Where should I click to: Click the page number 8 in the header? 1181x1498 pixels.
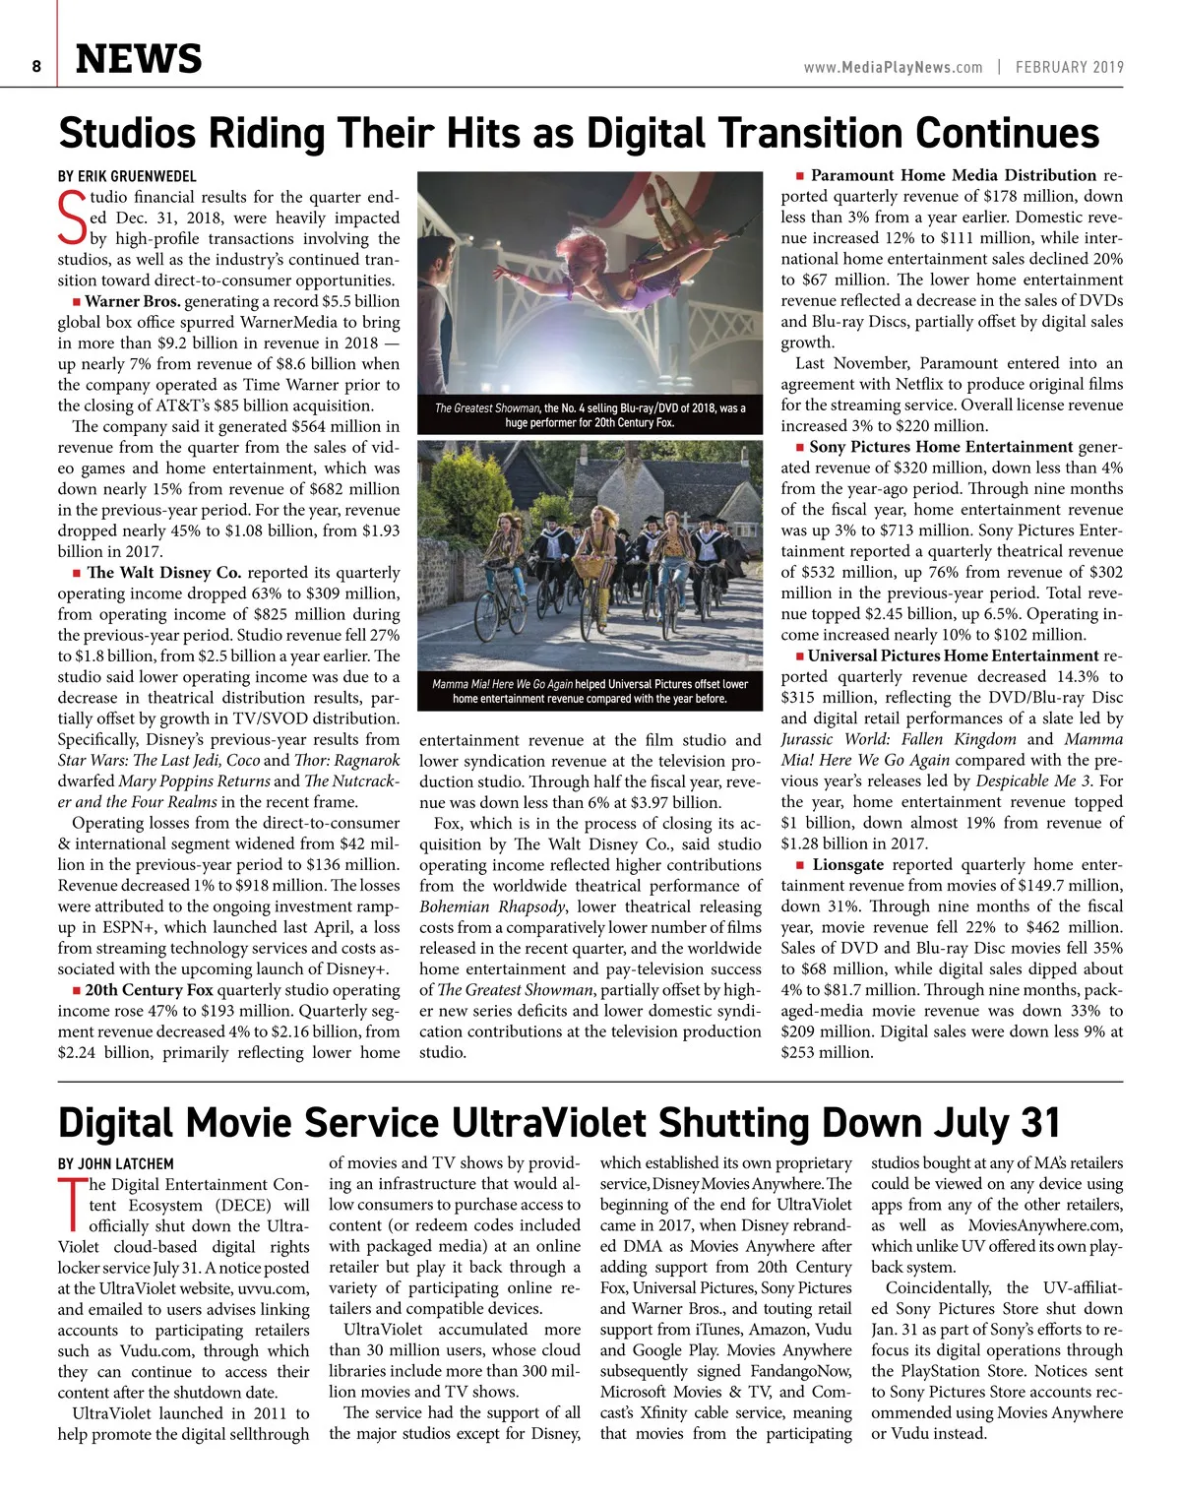36,66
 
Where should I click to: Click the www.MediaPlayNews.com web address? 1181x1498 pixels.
893,67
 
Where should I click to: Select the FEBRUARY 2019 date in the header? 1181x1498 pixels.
1069,67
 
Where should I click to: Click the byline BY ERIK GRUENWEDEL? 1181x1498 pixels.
127,176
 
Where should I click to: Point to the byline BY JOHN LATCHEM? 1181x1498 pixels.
115,1163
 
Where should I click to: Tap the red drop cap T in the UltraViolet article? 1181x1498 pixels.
72,1204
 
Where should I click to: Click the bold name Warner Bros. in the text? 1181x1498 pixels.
133,301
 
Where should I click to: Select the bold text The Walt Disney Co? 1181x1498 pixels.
163,572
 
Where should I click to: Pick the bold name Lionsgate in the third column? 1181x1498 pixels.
848,864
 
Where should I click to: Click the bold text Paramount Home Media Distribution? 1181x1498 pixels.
953,175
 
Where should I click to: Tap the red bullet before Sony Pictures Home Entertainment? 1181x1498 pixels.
800,447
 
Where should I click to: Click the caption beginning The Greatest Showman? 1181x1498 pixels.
590,414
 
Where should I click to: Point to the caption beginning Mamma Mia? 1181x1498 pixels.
590,691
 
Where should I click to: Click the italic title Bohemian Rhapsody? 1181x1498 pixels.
492,906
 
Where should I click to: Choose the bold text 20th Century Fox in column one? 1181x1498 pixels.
149,990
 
